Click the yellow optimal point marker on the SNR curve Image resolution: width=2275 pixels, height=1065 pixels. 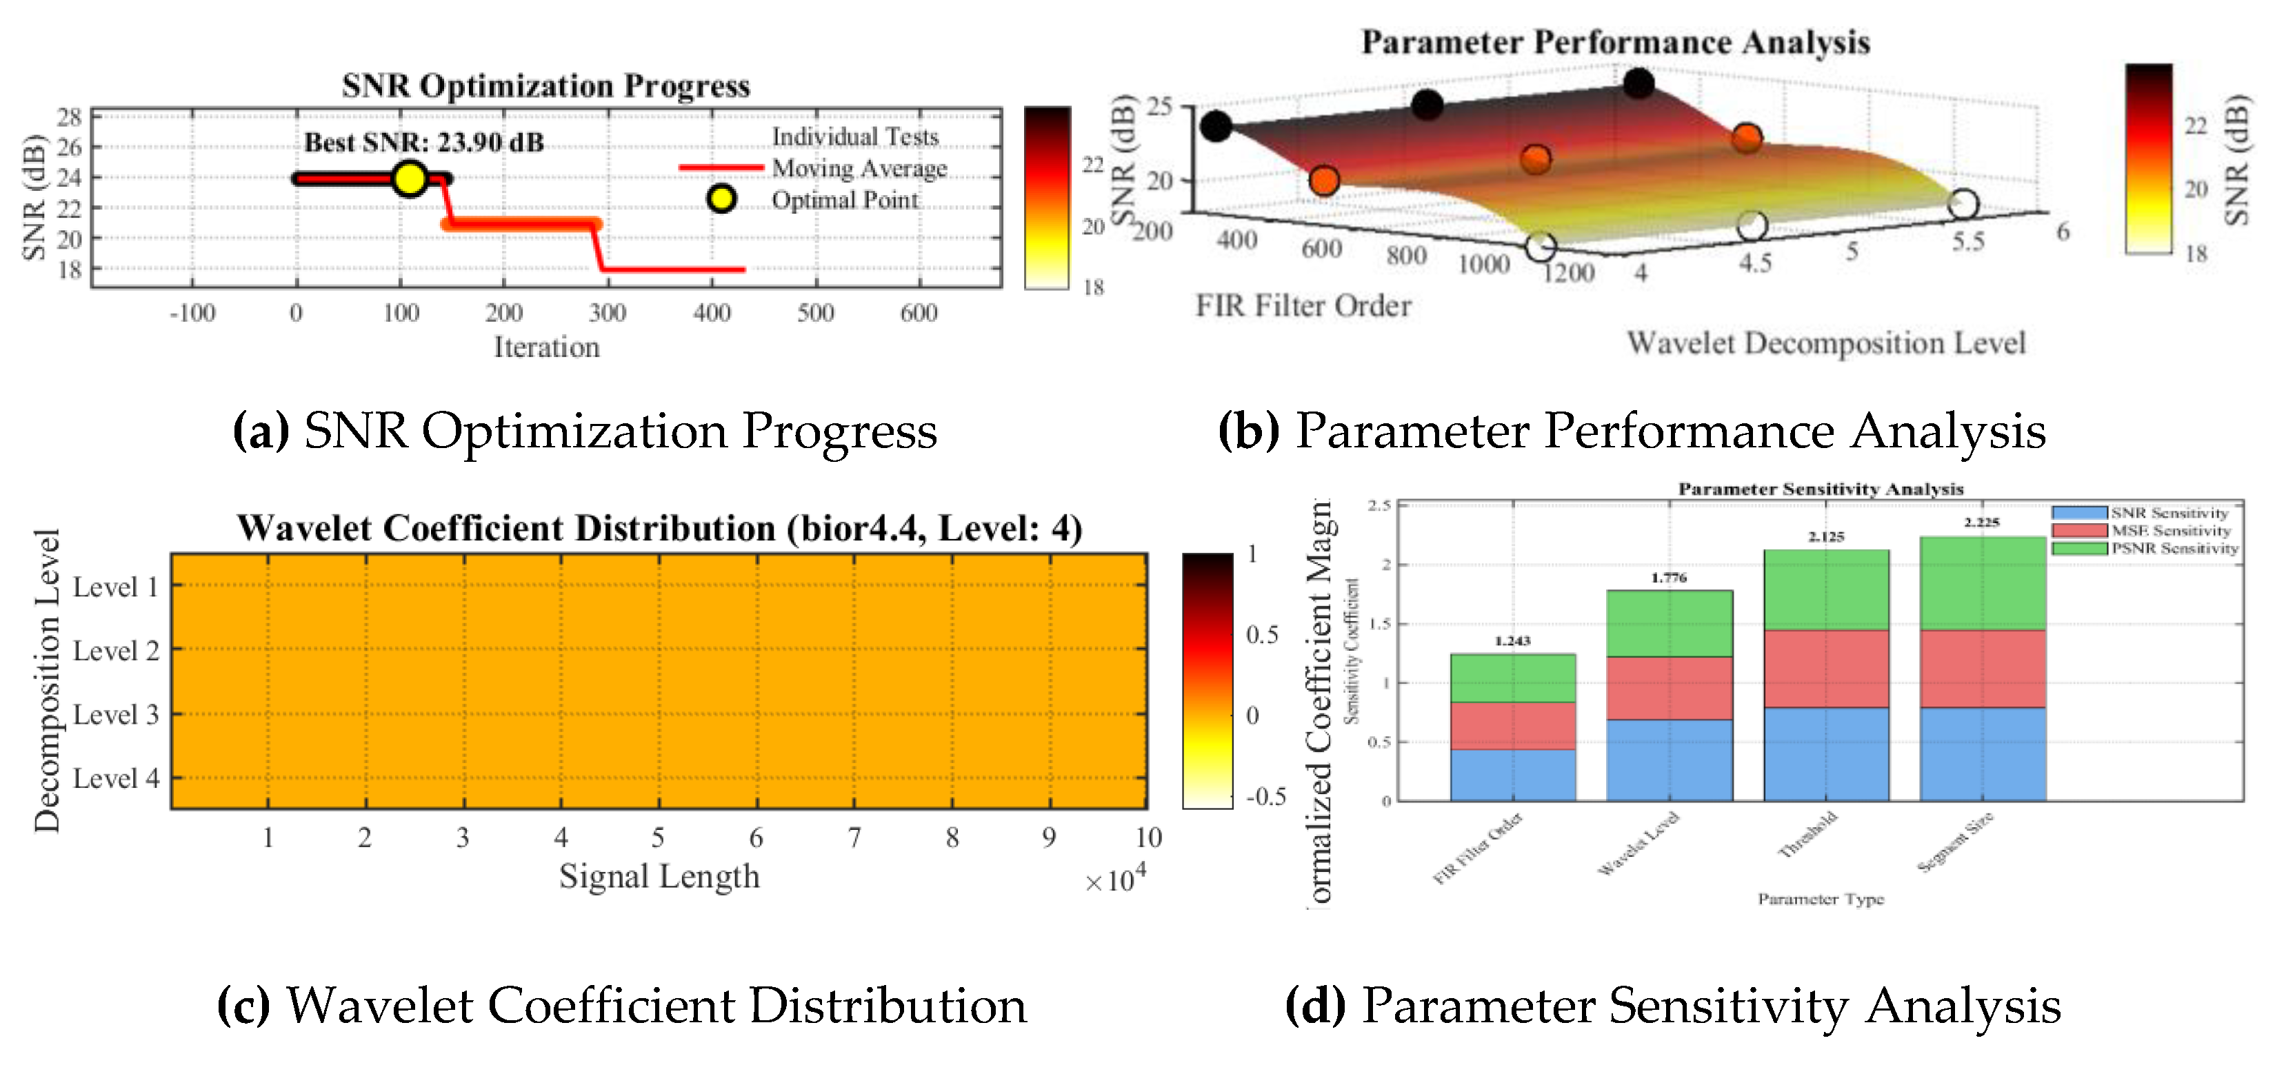tap(409, 179)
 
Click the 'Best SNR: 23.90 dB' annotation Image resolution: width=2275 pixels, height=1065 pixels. tap(424, 142)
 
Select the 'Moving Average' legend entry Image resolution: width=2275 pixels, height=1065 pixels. tap(859, 168)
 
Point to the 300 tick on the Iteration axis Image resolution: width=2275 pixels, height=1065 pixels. tap(608, 313)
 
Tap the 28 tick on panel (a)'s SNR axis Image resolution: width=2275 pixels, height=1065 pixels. tap(69, 117)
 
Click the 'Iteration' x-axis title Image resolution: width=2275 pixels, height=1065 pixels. tap(547, 347)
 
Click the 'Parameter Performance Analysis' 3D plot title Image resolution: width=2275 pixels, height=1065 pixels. tap(1615, 42)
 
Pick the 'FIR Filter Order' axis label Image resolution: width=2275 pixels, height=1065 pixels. tap(1303, 305)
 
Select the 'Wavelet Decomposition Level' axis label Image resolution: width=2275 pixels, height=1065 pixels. tap(1826, 343)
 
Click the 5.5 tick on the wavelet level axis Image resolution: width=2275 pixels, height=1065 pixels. tap(1967, 242)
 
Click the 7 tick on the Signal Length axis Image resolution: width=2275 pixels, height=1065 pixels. tap(854, 837)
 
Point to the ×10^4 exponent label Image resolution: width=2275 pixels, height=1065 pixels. tap(1115, 879)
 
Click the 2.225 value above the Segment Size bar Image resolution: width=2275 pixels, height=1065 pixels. tap(1982, 522)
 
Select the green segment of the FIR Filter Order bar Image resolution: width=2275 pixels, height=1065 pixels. tap(1513, 678)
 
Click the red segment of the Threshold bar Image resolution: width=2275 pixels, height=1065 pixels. tap(1826, 669)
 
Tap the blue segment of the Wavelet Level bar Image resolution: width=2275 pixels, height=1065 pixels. tap(1669, 760)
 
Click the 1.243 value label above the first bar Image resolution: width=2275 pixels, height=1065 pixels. tap(1513, 641)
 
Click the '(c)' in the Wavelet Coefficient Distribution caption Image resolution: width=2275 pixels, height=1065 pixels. tap(243, 1006)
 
